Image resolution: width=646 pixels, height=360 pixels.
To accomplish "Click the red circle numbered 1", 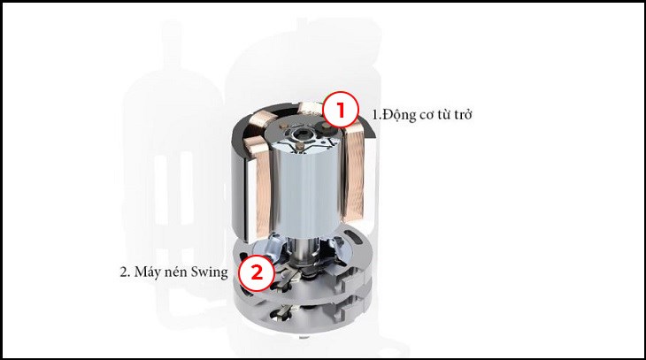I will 339,111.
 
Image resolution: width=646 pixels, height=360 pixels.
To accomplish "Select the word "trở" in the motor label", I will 462,114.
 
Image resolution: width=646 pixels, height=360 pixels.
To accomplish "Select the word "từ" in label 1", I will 441,114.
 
